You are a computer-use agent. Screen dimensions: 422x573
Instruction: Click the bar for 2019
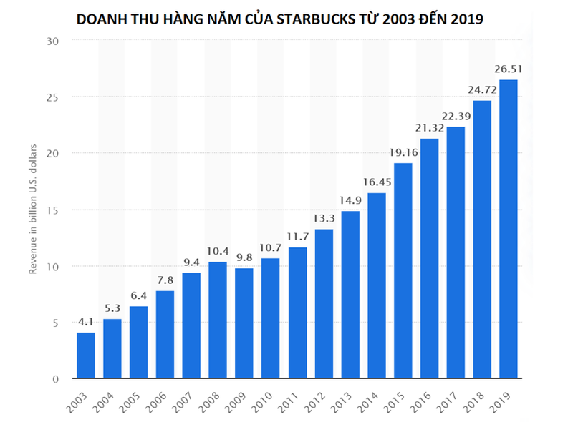[508, 229]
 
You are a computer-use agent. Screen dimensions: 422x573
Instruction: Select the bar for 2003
[86, 355]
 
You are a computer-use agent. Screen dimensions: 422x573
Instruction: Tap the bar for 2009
[244, 323]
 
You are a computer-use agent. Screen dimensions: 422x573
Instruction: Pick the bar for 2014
[376, 286]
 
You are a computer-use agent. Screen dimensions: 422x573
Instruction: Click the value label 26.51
[508, 69]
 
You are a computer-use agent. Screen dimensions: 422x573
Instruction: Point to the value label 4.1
[86, 322]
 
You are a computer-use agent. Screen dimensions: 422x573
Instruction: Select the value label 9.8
[244, 257]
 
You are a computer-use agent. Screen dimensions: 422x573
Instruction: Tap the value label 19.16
[403, 152]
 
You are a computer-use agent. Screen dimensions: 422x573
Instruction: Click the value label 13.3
[323, 218]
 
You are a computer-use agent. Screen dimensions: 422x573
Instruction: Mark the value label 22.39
[456, 116]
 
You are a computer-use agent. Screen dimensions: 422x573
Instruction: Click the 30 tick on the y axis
[52, 40]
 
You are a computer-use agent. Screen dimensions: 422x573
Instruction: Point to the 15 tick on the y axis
[52, 210]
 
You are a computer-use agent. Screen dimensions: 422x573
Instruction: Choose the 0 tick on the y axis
[55, 379]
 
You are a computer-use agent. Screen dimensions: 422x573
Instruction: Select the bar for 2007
[191, 325]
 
